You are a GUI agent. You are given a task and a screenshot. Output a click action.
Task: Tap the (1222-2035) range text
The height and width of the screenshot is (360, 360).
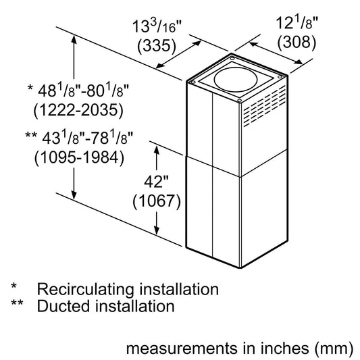pos(77,109)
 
